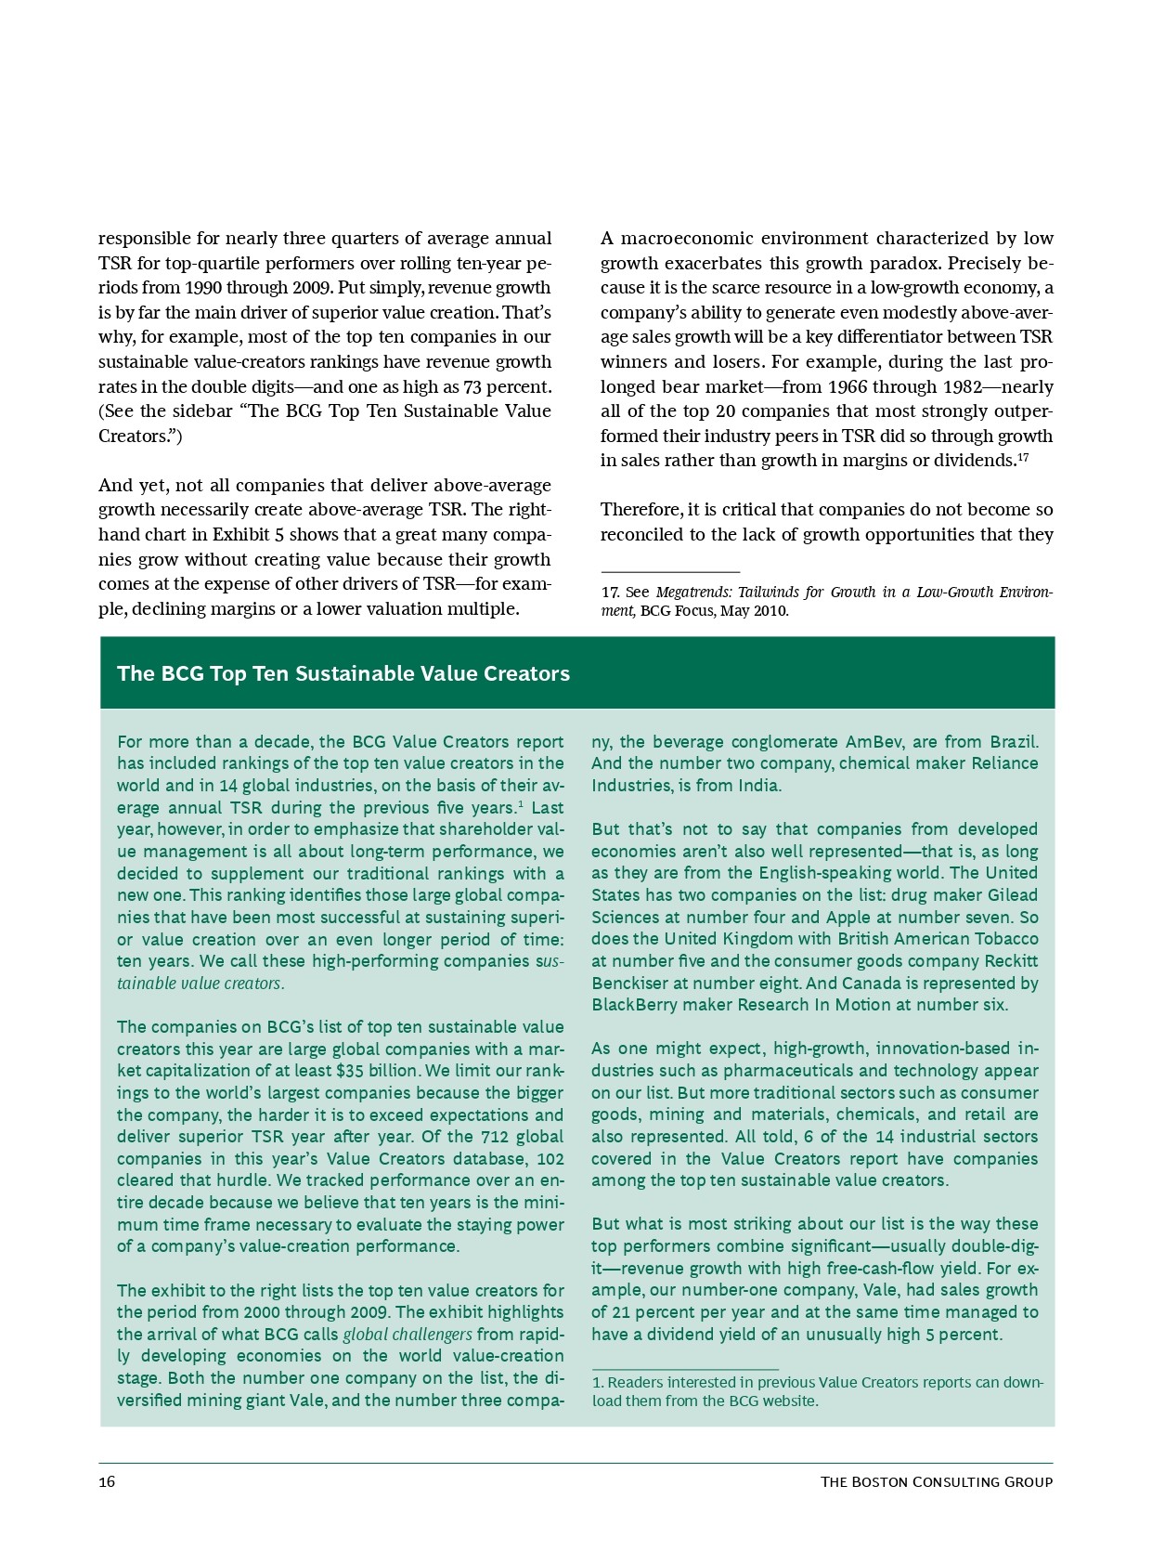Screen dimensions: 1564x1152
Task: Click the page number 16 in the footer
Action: point(107,1481)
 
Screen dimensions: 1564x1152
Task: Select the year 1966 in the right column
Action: point(847,386)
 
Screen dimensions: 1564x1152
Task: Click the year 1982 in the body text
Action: point(964,386)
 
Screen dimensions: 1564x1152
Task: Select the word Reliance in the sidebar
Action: point(1004,763)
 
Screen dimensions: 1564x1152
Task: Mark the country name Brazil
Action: point(1014,742)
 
